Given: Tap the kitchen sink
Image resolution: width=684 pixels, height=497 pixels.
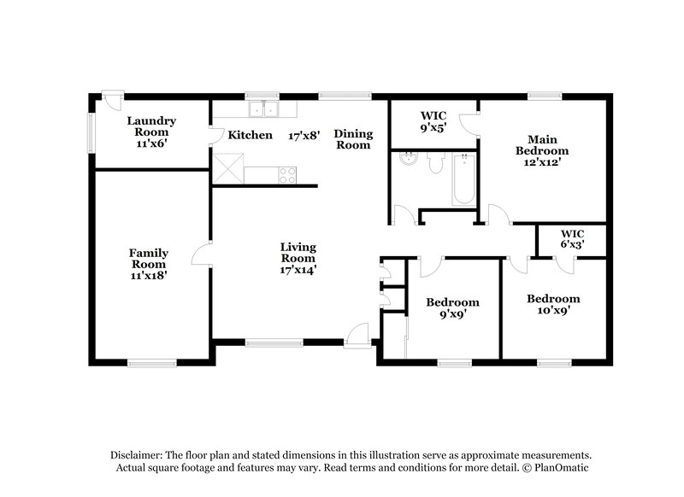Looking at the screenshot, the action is (264, 109).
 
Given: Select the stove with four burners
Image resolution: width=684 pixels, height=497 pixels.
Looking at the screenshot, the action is (287, 175).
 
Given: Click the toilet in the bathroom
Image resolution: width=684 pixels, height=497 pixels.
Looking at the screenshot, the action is (436, 162).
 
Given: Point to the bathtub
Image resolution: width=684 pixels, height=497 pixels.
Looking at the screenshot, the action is (464, 178).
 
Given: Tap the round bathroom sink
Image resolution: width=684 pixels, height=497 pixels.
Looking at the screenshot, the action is (409, 159).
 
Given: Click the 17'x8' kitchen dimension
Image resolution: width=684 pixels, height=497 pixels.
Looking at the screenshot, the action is (304, 136).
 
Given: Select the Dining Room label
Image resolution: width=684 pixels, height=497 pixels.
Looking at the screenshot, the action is (353, 139).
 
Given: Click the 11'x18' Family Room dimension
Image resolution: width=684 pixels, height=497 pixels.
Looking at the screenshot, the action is (149, 275).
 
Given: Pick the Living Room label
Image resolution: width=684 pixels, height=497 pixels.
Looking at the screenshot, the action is (298, 253).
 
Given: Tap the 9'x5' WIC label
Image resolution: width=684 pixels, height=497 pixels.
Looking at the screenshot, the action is (433, 121).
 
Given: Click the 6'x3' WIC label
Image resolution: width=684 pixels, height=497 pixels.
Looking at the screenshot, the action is (572, 239).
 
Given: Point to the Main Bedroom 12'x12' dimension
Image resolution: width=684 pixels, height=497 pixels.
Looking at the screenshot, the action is (542, 162).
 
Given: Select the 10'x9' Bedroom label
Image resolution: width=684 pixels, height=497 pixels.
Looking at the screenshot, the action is (553, 305).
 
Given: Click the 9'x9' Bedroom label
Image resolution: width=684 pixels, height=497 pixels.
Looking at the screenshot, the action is (453, 308).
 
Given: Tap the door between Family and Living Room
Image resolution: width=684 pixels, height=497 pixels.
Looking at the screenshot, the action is (202, 254).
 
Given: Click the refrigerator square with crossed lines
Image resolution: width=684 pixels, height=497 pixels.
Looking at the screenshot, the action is (227, 168).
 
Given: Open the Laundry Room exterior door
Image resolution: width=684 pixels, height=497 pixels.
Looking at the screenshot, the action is (113, 101).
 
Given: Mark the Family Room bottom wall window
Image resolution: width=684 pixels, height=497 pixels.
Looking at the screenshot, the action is (152, 362).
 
